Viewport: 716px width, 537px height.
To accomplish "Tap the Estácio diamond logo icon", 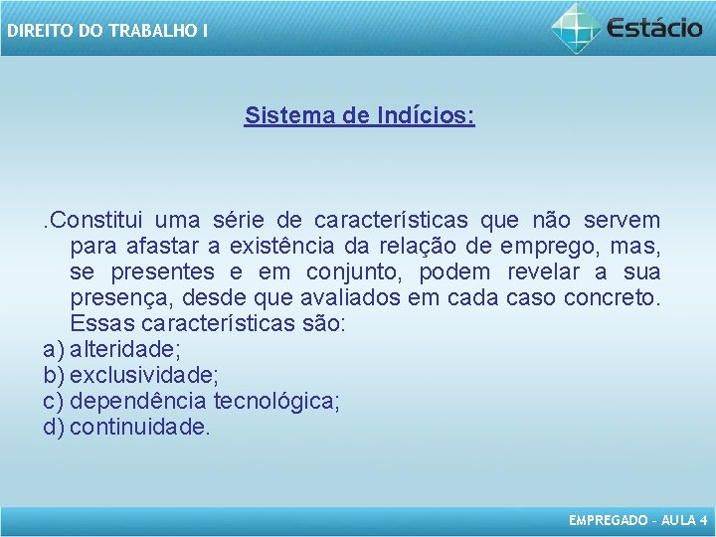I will (577, 27).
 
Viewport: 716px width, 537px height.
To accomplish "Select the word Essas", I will (103, 323).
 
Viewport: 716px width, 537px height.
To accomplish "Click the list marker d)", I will (54, 427).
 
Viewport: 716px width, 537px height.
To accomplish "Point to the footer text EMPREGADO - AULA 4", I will (637, 520).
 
